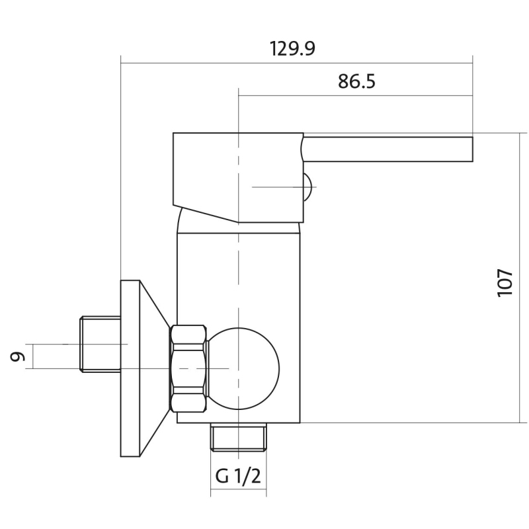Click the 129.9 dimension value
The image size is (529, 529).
(x=292, y=48)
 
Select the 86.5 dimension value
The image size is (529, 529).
(x=356, y=81)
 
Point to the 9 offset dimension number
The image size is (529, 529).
(x=18, y=356)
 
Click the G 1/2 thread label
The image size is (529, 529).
(x=238, y=476)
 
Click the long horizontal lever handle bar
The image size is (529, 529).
(x=387, y=149)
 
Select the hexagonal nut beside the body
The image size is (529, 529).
(x=188, y=368)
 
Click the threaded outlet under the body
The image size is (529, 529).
(x=238, y=437)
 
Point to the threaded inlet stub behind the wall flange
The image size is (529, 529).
(x=101, y=344)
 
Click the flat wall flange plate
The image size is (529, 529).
(x=130, y=368)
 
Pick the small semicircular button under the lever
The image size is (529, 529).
(x=307, y=187)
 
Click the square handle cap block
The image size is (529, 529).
(x=238, y=177)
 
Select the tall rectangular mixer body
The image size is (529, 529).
(x=238, y=327)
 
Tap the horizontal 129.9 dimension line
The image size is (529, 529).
(x=296, y=63)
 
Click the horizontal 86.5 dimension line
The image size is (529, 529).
(x=356, y=95)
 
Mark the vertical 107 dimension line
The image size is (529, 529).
(x=520, y=278)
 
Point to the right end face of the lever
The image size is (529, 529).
(x=473, y=149)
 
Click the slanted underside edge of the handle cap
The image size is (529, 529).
(x=206, y=214)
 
